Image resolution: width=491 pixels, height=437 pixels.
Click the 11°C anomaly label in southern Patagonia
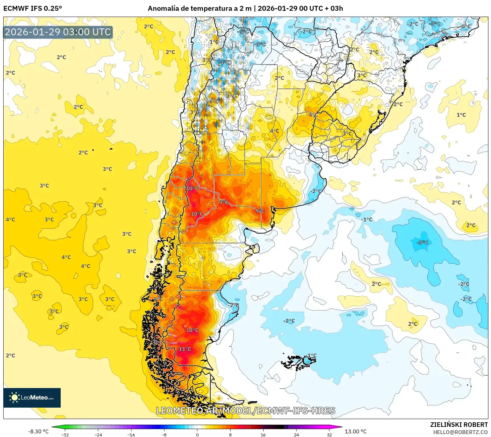tap(185, 349)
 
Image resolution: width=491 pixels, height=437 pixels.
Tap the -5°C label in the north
tap(244, 32)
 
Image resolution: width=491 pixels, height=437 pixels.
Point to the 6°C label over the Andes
tap(214, 102)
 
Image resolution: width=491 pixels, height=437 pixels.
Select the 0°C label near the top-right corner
tap(466, 26)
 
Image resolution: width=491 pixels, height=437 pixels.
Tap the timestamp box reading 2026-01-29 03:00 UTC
tap(58, 32)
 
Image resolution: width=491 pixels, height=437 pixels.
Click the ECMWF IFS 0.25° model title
tap(33, 8)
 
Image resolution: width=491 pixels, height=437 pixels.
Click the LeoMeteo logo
tap(32, 398)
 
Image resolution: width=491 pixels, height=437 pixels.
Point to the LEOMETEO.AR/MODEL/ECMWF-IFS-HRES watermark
tap(246, 411)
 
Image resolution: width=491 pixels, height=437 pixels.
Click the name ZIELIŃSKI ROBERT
tap(459, 425)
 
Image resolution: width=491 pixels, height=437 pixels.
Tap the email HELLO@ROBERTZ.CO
tap(460, 432)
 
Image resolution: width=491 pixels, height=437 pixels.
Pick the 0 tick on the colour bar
tap(197, 434)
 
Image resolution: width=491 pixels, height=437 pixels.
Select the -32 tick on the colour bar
tap(65, 434)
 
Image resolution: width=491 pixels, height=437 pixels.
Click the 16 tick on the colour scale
tap(263, 434)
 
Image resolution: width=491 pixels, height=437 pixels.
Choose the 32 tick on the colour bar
tap(329, 434)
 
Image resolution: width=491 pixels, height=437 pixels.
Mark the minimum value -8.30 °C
tap(38, 431)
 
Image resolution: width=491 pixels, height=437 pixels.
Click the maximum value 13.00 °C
tap(356, 431)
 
